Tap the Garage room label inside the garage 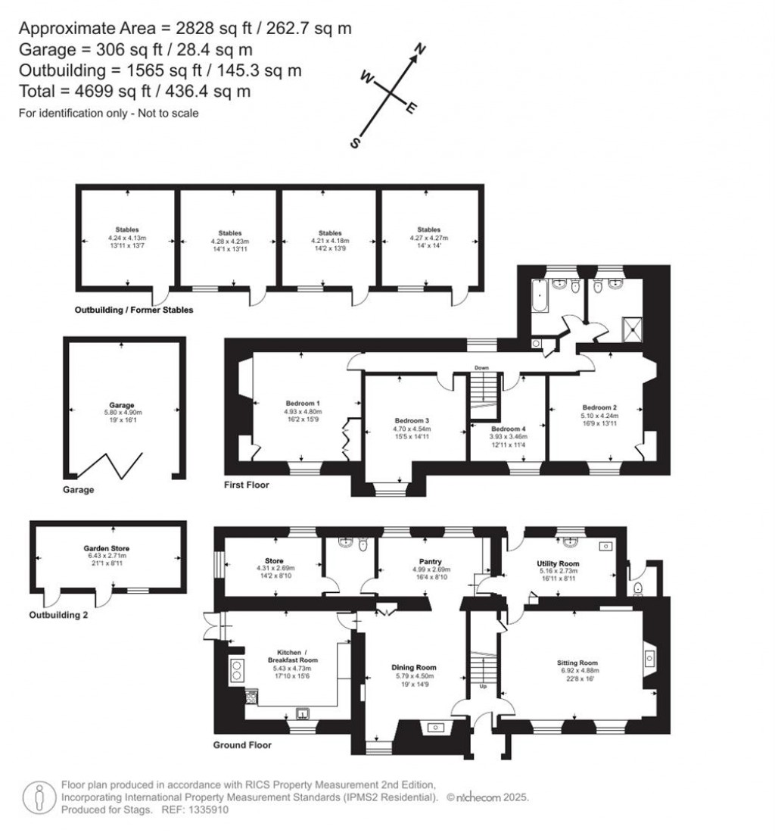[121, 404]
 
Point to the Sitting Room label [577, 661]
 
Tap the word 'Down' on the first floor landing [481, 367]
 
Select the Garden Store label [107, 547]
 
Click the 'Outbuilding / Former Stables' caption [134, 310]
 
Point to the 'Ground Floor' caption [242, 745]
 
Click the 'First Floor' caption [246, 485]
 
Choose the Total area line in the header [135, 92]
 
